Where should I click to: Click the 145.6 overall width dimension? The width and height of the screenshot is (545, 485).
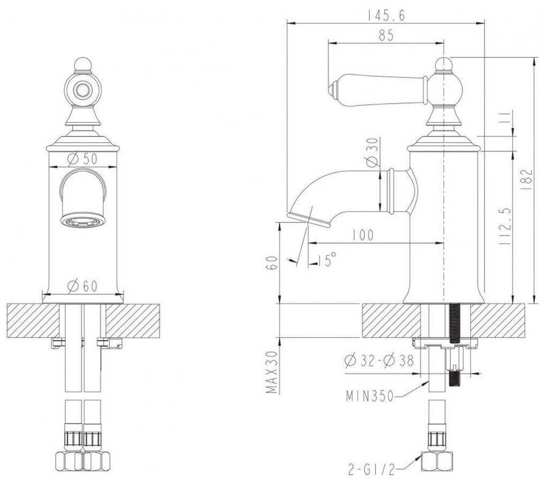[x=386, y=16]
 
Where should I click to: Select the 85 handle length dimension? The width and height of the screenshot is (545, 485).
[x=386, y=36]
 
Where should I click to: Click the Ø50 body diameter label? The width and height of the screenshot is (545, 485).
[x=82, y=159]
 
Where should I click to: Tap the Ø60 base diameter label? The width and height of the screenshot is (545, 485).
[x=83, y=286]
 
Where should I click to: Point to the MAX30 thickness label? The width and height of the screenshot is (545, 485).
[x=273, y=372]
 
